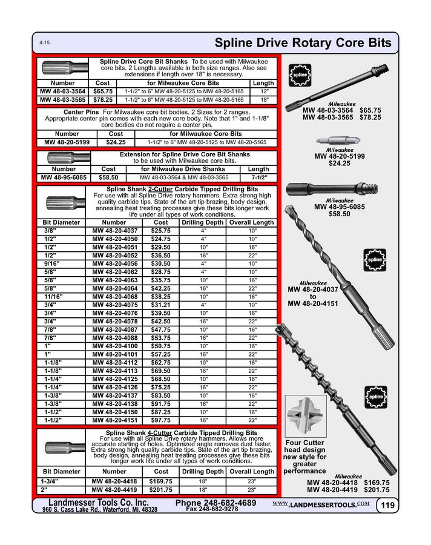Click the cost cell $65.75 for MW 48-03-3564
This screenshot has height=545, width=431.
102,90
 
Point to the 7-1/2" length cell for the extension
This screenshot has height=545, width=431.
258,177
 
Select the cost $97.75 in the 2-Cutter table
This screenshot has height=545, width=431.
161,420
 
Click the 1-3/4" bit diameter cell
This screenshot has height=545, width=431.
53,480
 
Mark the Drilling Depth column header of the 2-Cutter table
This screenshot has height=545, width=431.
203,222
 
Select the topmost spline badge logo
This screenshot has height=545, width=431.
300,77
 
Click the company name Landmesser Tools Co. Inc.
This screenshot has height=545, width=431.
98,503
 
